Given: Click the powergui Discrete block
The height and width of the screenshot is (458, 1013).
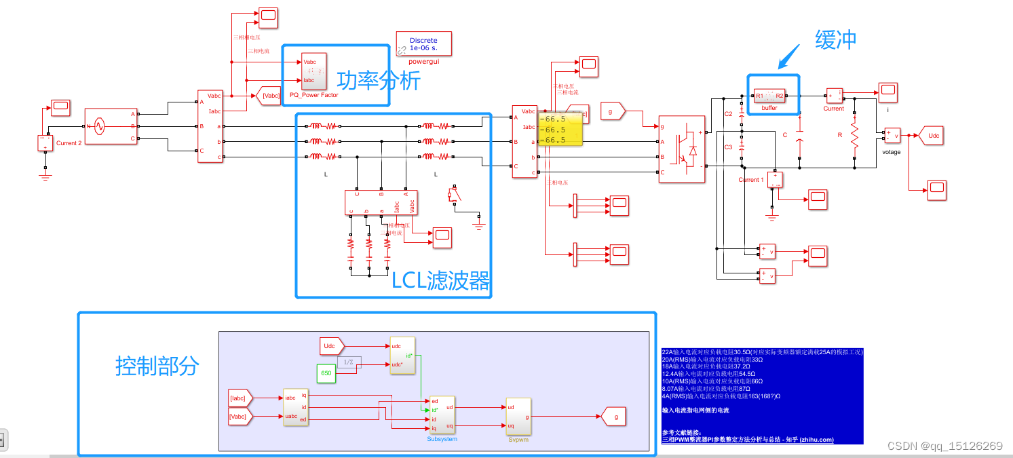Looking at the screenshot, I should [x=424, y=43].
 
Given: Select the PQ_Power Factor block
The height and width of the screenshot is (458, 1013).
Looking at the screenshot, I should [x=313, y=71].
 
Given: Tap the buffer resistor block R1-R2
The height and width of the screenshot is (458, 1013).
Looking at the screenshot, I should [x=769, y=96].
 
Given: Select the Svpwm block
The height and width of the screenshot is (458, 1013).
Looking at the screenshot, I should [x=518, y=416].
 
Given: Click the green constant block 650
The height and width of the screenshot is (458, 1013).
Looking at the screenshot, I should [x=326, y=373].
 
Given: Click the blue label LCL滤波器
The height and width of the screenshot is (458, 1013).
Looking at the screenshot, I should [x=440, y=280].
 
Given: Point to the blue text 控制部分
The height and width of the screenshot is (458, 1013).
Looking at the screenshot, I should [x=157, y=366].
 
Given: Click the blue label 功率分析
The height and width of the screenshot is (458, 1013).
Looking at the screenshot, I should [x=379, y=81].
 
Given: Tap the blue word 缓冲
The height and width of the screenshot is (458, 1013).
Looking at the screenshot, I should [x=836, y=40].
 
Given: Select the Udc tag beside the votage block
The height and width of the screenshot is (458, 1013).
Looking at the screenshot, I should [x=934, y=136].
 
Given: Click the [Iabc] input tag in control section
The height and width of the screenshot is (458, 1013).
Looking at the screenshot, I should [x=240, y=398].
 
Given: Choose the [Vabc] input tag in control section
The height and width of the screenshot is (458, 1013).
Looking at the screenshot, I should [x=240, y=416].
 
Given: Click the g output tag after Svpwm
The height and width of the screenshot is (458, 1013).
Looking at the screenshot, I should [x=614, y=417].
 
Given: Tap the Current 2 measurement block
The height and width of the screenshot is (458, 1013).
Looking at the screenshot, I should [x=45, y=143].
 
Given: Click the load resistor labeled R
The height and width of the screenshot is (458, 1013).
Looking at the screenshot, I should [x=854, y=135].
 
